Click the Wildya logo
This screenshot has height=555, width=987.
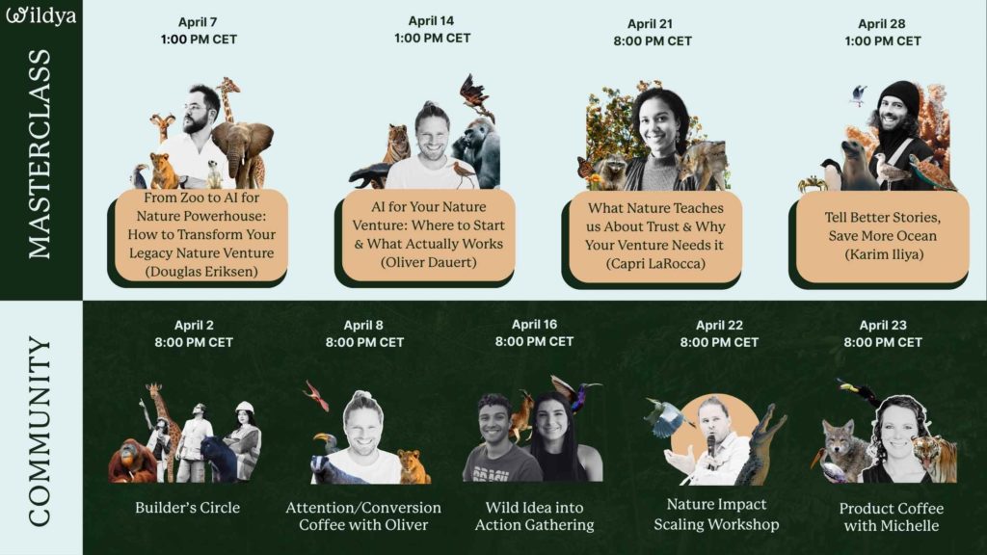41,16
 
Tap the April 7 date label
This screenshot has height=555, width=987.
199,22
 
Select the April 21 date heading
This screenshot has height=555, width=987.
652,23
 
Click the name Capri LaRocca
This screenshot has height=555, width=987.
653,263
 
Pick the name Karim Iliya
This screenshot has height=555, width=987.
882,254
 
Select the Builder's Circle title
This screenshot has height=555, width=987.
187,507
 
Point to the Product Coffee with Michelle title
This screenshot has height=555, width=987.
892,516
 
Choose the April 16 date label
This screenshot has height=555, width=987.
534,325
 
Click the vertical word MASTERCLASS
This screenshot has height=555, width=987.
40,155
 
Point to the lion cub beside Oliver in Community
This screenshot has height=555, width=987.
413,466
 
